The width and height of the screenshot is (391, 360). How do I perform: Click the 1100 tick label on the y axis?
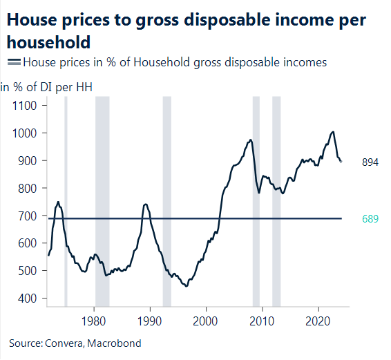point(28,105)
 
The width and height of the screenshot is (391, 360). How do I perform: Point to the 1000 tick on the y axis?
point(28,133)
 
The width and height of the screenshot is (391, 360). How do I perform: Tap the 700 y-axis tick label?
point(30,216)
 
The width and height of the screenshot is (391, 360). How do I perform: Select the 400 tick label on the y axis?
point(30,299)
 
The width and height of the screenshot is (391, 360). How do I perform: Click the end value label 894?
point(370,162)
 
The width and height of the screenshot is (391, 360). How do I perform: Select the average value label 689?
point(370,219)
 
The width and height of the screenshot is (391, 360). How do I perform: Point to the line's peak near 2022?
point(334,131)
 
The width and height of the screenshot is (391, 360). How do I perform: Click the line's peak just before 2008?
point(249,140)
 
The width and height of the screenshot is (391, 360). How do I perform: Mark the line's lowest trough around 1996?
point(185,285)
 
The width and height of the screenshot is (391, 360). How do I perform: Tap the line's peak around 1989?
point(145,204)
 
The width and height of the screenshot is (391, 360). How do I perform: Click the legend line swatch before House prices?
point(14,63)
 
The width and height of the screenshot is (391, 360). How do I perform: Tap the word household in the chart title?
point(48,43)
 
